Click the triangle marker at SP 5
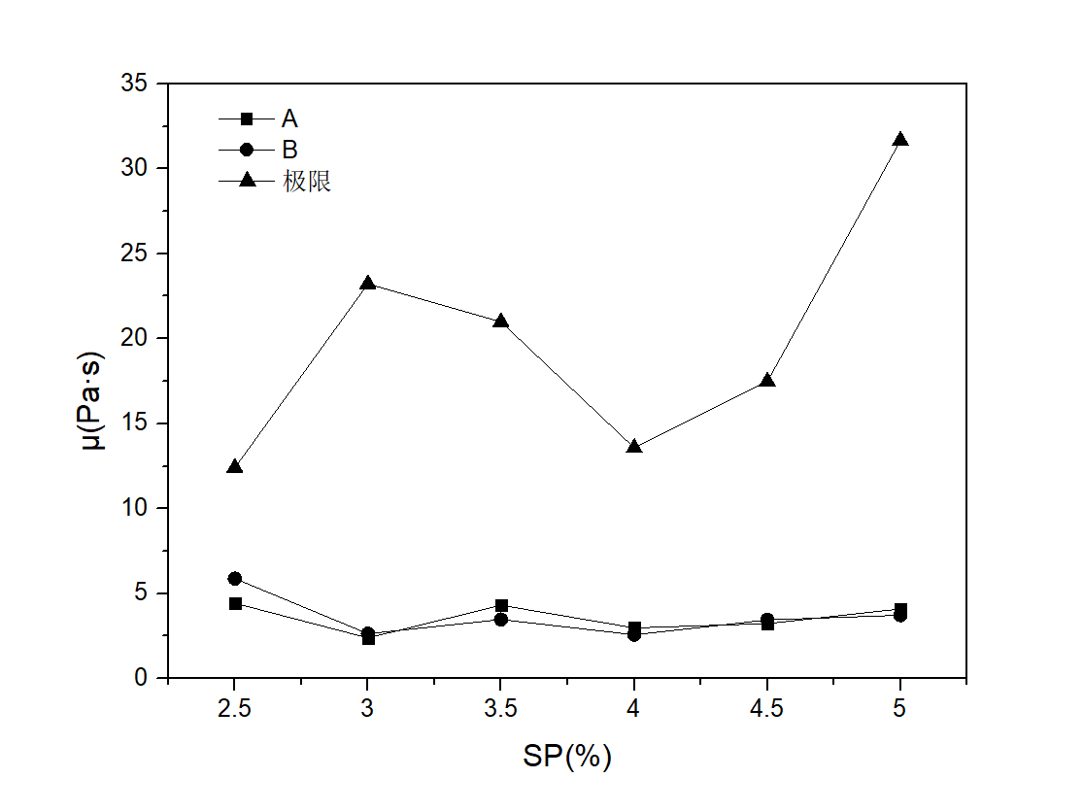pos(900,140)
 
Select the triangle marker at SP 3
pos(367,284)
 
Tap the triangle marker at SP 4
pos(634,447)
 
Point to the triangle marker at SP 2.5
pos(234,467)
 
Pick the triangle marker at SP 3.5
pos(500,321)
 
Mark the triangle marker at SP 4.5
pos(767,381)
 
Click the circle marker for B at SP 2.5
pos(234,578)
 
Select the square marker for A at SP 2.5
pos(235,603)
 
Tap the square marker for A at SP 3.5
pos(501,605)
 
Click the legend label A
pos(289,118)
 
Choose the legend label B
pos(289,150)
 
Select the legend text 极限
pos(307,182)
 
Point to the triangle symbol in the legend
pos(247,181)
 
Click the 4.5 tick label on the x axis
pos(767,707)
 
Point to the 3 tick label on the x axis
pos(367,707)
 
